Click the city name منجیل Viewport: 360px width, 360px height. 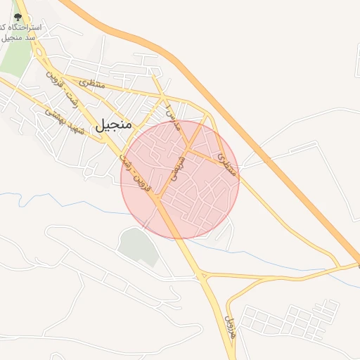[x=112, y=125]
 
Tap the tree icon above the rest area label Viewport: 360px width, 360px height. [x=18, y=16]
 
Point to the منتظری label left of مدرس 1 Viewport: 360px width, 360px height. [x=91, y=84]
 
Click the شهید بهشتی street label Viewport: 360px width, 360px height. [x=63, y=122]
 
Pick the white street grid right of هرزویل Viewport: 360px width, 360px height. [x=288, y=320]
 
